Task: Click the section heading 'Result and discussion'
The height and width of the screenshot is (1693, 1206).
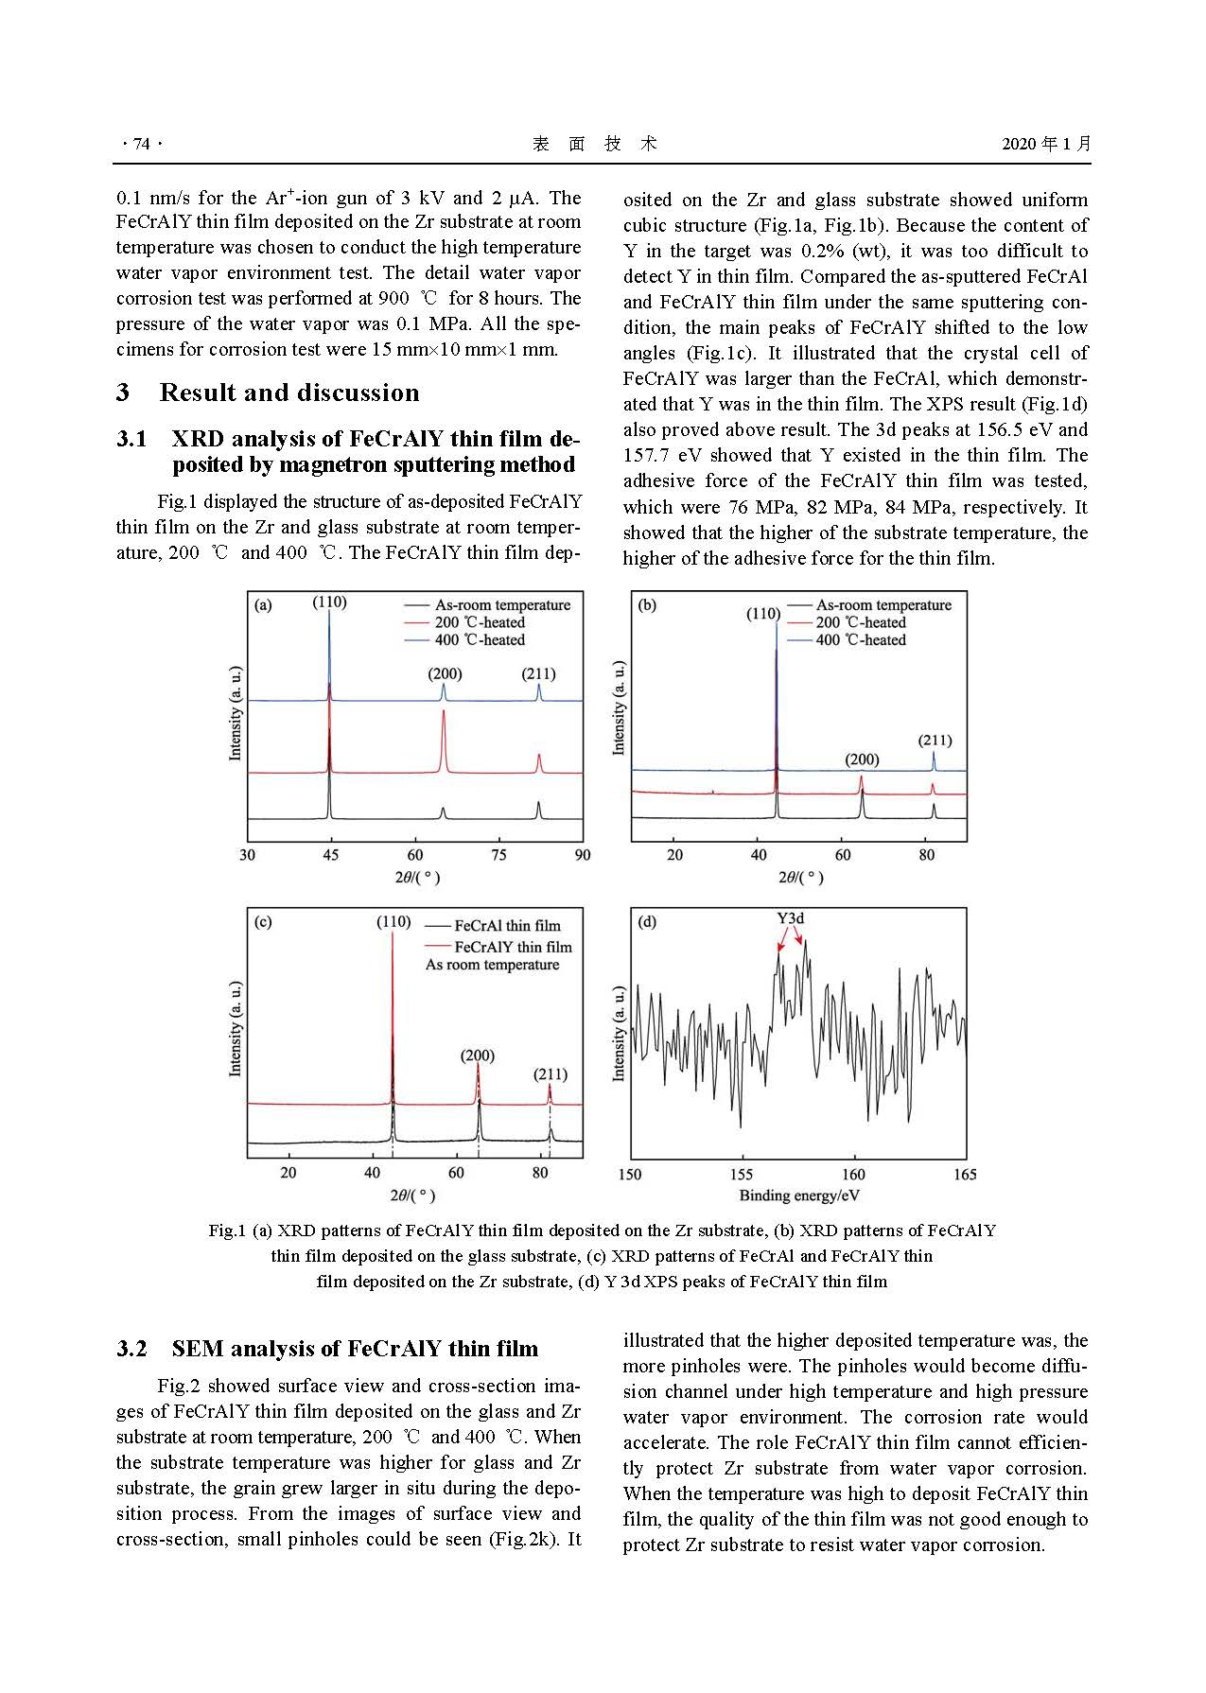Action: coord(288,393)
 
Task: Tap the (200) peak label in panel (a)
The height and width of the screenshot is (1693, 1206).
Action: coord(445,674)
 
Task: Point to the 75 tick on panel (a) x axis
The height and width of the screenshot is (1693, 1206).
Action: coord(498,855)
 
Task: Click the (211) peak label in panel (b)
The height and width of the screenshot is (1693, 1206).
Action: coord(935,741)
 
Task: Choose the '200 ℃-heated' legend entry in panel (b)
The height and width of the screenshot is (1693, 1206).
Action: coord(861,622)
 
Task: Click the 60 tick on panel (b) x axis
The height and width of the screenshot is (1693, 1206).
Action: coord(843,855)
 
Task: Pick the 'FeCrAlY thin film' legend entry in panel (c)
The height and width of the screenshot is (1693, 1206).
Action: coord(513,947)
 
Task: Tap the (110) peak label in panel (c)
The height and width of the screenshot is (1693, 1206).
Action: coord(393,921)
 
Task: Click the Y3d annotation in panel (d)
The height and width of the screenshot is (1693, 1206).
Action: coord(791,918)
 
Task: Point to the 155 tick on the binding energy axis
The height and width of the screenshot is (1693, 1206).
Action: coord(742,1175)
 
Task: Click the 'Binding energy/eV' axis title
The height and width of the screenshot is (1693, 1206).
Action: coord(799,1196)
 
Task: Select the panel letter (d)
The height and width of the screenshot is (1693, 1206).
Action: coord(647,921)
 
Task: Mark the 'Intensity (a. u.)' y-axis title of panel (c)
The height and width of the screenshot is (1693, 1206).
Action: coord(236,1029)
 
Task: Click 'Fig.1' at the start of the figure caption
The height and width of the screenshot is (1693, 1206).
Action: coord(227,1230)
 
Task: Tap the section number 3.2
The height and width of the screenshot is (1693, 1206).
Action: coord(132,1349)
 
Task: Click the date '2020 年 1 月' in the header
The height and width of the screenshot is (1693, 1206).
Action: coord(1046,144)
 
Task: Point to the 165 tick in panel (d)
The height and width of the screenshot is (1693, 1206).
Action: coord(965,1175)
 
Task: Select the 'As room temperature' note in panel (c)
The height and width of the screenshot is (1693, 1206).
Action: coord(492,965)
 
